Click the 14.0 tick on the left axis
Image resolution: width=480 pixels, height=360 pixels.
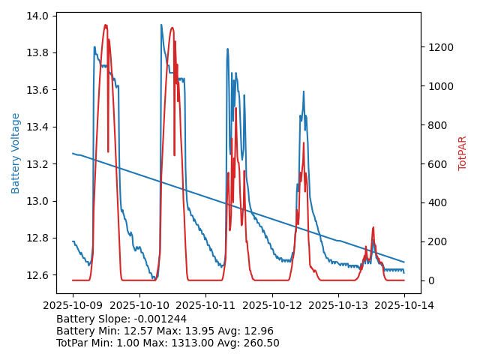pos(39,16)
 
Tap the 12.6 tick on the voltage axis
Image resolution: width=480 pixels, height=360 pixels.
pos(39,275)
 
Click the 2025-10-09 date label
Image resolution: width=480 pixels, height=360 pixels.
pos(73,305)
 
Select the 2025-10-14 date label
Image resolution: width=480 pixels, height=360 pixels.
pos(404,305)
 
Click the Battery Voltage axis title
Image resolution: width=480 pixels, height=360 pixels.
pos(16,153)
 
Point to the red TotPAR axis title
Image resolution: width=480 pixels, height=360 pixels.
pos(463,153)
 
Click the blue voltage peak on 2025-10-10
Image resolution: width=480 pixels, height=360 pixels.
pos(161,25)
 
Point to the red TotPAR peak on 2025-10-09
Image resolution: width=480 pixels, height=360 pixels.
pos(106,25)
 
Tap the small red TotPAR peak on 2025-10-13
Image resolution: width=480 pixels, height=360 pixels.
pos(373,227)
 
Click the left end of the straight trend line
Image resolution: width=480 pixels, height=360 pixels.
pos(73,154)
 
